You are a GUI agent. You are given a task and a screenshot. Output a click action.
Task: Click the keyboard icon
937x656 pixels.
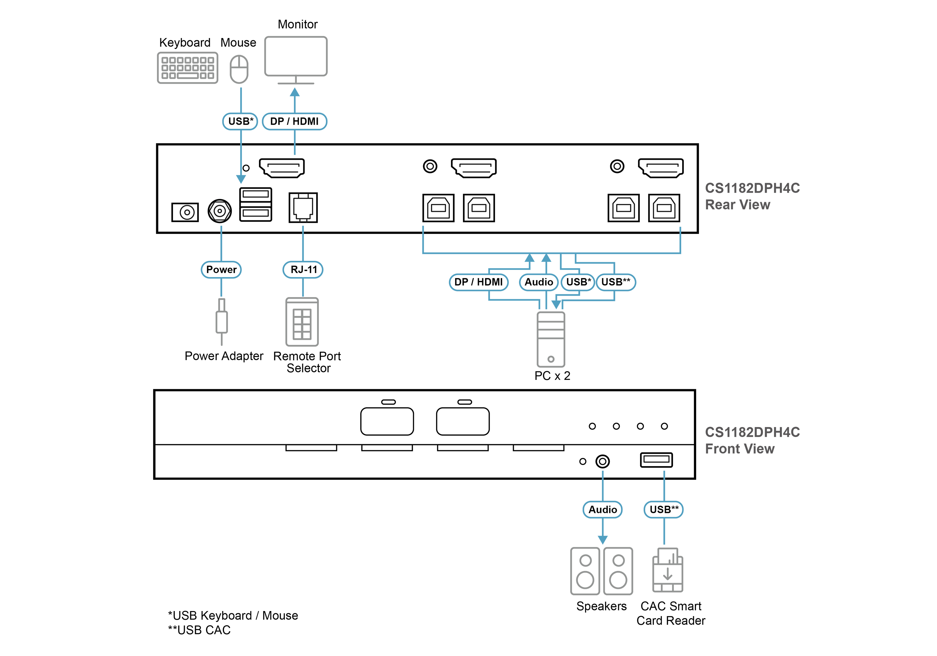[x=187, y=68]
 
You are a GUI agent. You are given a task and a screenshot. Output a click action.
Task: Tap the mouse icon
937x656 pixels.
[x=239, y=69]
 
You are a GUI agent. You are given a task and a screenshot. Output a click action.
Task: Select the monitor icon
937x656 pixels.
[x=296, y=60]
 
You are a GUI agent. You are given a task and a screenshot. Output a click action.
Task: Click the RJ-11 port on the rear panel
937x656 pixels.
[x=303, y=207]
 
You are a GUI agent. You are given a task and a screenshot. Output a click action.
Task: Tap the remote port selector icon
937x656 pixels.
[x=302, y=322]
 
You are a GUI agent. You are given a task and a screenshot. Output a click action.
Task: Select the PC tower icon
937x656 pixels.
[x=551, y=339]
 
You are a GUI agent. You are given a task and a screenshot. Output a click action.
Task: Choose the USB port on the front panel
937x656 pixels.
[x=656, y=460]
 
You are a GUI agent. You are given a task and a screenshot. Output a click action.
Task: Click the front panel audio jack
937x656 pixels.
[x=603, y=461]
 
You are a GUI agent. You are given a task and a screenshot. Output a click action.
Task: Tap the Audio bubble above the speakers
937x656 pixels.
[x=603, y=509]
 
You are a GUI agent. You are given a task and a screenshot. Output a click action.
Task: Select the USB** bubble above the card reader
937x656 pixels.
[x=664, y=509]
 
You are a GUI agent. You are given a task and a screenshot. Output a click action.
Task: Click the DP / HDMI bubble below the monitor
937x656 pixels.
[x=295, y=121]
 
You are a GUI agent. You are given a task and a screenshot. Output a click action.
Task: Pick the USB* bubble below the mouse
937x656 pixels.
[x=240, y=121]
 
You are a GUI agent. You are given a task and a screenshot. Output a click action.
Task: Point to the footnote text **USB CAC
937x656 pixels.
[x=199, y=630]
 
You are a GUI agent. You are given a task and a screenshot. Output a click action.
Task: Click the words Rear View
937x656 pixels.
[x=737, y=205]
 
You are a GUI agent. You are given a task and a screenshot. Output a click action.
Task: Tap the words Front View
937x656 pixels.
[x=740, y=449]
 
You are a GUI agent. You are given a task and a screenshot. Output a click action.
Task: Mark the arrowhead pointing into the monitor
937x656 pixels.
[x=295, y=92]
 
